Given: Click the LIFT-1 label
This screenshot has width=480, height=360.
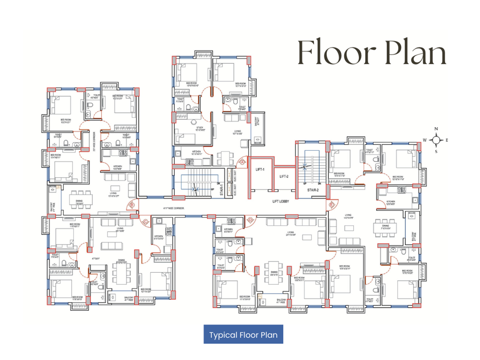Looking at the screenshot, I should click(260, 170).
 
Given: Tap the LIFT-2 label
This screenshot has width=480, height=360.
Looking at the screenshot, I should click(284, 176).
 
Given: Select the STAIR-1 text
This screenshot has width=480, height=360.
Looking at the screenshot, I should click(221, 190).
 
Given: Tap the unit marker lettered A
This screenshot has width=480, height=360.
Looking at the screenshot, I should click(242, 162).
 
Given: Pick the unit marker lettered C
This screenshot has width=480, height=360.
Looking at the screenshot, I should click(145, 221).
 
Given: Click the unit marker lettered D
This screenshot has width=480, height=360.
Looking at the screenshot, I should click(250, 220).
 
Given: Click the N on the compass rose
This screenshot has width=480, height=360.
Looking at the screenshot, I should click(436, 129).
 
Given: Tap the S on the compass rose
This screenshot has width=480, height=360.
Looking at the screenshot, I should click(436, 152).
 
